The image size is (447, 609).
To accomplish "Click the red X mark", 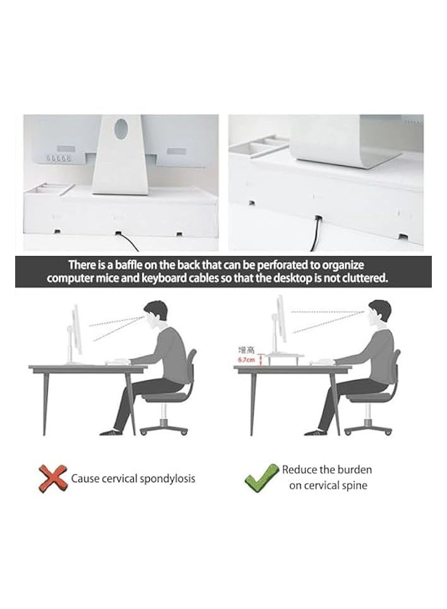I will click(x=53, y=478).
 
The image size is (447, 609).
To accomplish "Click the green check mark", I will click(x=261, y=477).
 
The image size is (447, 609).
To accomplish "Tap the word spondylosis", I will click(x=165, y=478).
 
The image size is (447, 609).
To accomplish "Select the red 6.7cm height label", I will click(x=246, y=360).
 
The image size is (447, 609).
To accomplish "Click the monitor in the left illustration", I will click(x=76, y=330).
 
